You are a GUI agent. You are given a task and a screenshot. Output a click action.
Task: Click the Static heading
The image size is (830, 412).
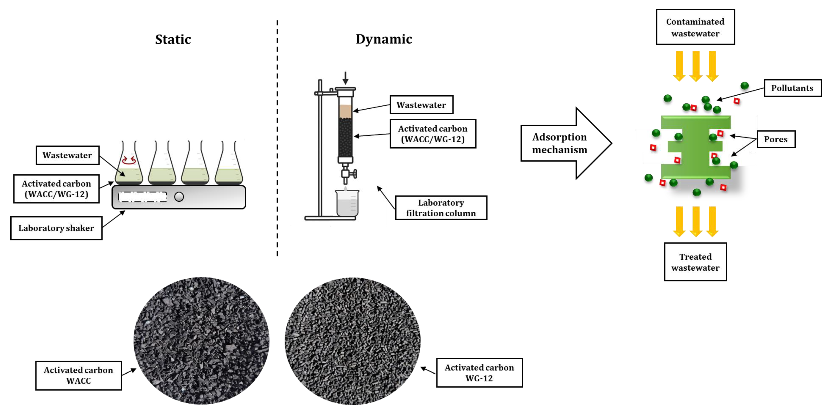pyautogui.click(x=173, y=40)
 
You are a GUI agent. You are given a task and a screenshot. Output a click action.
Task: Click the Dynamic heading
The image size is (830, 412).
pyautogui.click(x=384, y=39)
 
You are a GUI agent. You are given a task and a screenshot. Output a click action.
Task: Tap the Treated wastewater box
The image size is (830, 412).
pyautogui.click(x=695, y=262)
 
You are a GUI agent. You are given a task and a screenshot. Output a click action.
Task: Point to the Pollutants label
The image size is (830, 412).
pyautogui.click(x=793, y=88)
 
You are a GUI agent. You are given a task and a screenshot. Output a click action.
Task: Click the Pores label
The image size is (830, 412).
pyautogui.click(x=776, y=139)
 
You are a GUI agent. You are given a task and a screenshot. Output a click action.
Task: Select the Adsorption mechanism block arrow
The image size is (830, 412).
pyautogui.click(x=566, y=143)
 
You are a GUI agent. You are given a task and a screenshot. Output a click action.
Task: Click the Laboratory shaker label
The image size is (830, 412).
pyautogui.click(x=56, y=228)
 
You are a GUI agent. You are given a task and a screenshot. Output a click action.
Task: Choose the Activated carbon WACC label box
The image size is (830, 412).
pyautogui.click(x=79, y=375)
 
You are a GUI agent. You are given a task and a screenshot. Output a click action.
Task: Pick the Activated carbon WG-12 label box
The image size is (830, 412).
pyautogui.click(x=479, y=373)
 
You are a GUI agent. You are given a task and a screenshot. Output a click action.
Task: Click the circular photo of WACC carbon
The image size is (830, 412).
pyautogui.click(x=201, y=341)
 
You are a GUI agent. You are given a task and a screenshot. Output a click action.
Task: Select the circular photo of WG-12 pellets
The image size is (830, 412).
pyautogui.click(x=353, y=341)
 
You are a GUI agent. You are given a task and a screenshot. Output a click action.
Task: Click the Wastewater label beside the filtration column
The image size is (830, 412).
pyautogui.click(x=422, y=105)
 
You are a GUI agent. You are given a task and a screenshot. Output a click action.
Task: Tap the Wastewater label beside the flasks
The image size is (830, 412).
pyautogui.click(x=67, y=155)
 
